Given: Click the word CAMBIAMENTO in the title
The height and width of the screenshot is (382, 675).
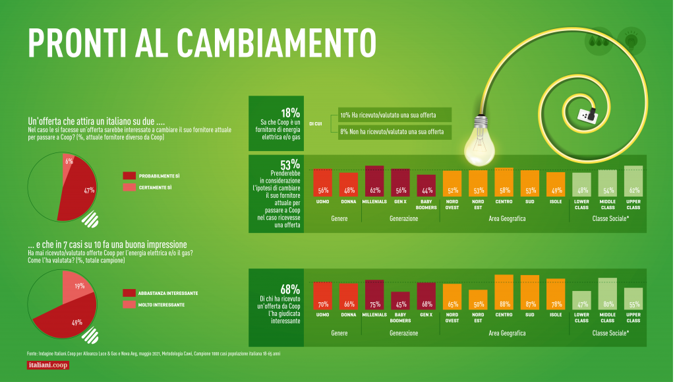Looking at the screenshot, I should pos(277,42).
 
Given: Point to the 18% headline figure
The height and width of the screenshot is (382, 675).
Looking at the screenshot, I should pos(290,112).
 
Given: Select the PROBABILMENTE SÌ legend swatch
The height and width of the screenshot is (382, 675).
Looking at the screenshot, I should pos(129,175).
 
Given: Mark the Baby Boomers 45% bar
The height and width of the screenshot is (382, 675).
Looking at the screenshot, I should pos(400,301).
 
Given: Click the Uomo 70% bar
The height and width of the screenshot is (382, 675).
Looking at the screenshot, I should pos(322,296).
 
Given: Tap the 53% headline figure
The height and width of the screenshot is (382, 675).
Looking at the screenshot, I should pos(290,164).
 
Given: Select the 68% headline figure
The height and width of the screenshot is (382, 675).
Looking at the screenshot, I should pos(290,289).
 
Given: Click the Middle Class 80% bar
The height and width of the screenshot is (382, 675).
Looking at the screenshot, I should pos(607,294).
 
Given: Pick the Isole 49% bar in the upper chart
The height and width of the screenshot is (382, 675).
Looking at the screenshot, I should pos(556,184).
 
